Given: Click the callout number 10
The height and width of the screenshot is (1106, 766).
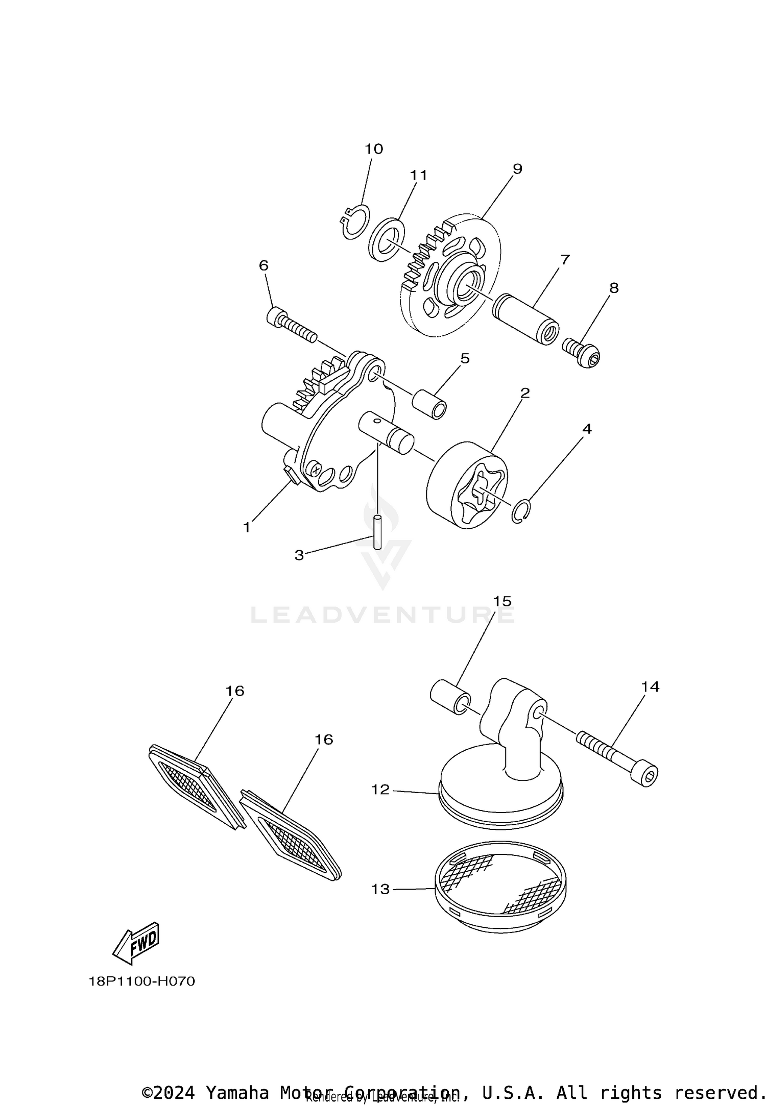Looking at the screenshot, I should point(373,149).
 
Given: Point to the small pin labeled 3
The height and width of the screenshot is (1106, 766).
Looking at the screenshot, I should point(377,532).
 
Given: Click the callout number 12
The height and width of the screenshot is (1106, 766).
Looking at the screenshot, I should point(380,790).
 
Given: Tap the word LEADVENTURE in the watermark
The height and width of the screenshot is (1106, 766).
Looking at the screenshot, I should point(383,616).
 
